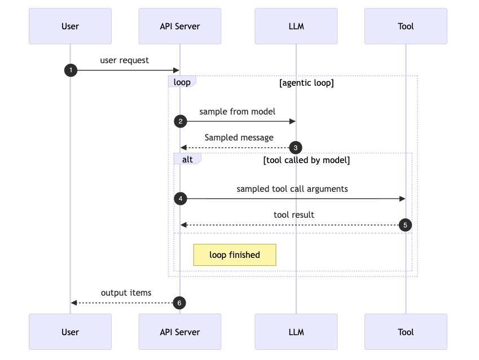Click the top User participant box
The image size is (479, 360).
point(70,26)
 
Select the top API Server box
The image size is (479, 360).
point(180,26)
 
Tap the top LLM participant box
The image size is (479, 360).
point(296,26)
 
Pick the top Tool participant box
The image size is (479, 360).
point(406,26)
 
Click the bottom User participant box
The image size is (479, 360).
point(70,332)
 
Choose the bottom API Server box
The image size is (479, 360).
point(180,332)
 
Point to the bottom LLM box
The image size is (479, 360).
point(296,332)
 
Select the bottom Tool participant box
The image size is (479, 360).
point(406,332)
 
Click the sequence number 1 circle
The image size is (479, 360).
point(71,70)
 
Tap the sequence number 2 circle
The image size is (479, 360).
point(180,121)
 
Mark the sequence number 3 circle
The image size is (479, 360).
point(295,148)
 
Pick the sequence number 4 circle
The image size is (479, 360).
point(180,199)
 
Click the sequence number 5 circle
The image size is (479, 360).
point(405,225)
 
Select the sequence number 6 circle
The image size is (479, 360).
point(179,303)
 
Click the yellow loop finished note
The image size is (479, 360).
point(235,255)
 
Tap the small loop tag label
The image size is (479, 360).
point(182,82)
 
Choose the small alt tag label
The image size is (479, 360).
point(187,160)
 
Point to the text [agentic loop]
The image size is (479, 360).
point(306,83)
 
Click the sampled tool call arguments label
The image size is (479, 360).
point(292,189)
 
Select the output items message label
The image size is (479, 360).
point(126,293)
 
